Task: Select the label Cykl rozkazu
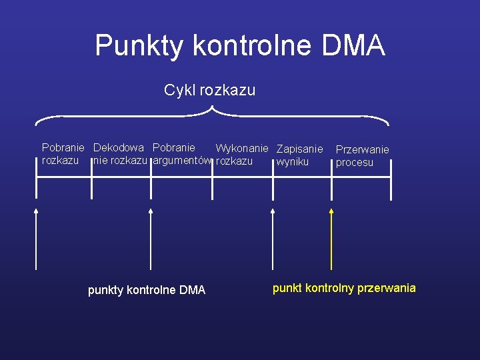click(209, 90)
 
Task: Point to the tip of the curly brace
click(211, 108)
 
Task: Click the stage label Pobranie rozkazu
click(62, 154)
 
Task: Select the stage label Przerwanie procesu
click(362, 156)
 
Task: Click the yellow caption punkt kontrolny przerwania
click(344, 288)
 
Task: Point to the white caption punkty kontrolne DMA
click(147, 290)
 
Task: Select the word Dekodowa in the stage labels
click(119, 147)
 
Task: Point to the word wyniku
click(293, 162)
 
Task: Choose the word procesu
click(355, 163)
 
